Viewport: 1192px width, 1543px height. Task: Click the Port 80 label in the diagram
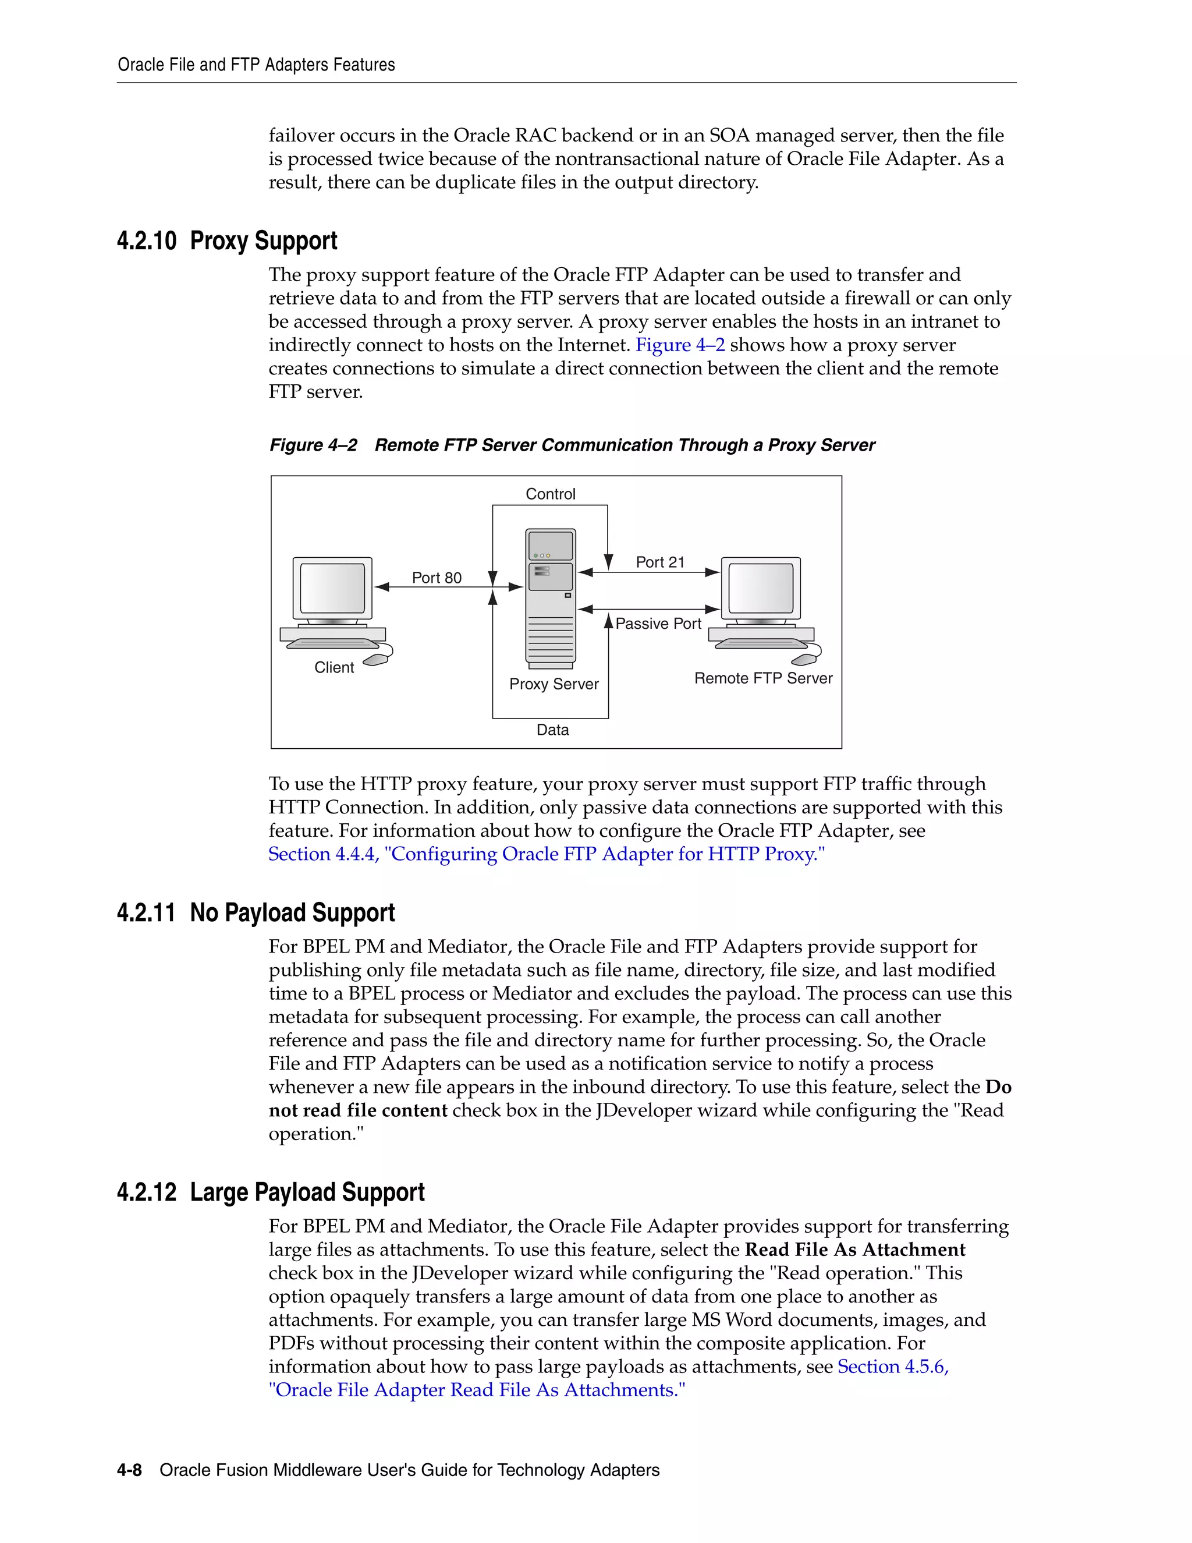(437, 578)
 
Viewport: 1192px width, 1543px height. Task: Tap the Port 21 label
(659, 562)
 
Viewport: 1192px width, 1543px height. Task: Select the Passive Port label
(658, 624)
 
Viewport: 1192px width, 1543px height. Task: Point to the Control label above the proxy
(550, 494)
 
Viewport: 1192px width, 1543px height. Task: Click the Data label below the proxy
(552, 730)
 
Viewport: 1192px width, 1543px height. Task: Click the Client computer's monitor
(332, 588)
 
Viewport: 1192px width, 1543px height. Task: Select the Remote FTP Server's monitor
(761, 588)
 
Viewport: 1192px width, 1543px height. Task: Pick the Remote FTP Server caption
(764, 678)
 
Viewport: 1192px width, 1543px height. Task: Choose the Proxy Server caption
(554, 684)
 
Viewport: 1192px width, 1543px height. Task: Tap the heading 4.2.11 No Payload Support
(256, 913)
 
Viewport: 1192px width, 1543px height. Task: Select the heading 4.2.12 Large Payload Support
(271, 1192)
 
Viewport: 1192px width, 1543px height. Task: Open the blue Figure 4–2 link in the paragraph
(680, 345)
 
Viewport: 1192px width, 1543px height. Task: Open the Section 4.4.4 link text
(546, 854)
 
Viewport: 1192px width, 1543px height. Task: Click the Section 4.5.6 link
(893, 1367)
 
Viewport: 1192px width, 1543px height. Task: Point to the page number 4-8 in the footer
(129, 1470)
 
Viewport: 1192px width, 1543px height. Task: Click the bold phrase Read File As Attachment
(854, 1250)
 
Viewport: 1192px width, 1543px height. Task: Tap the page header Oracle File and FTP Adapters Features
(256, 65)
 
